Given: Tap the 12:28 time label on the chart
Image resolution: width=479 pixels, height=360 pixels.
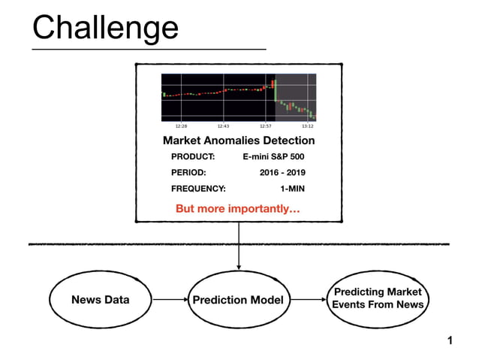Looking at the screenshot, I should tap(181, 126).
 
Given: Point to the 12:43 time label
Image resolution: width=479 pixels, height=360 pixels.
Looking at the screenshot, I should tap(224, 126).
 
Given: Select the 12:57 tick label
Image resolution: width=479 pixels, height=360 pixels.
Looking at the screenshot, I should tap(266, 126).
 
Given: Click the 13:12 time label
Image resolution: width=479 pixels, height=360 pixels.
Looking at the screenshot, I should tap(307, 126).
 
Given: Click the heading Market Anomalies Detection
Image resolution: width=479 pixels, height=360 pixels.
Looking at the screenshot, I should tap(239, 141).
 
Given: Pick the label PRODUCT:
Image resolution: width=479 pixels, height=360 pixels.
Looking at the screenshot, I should tap(193, 157).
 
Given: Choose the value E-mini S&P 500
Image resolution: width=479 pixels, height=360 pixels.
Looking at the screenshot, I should tap(274, 157).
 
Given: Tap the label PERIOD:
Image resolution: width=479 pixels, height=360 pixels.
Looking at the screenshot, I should tap(188, 173).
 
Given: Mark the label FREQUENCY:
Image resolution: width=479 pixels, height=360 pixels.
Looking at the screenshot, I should tap(198, 189).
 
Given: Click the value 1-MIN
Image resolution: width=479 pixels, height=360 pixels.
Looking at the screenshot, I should tap(292, 189).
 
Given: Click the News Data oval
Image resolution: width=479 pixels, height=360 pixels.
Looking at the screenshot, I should tap(100, 300).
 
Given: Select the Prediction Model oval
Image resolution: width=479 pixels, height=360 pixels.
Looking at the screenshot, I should tap(239, 301).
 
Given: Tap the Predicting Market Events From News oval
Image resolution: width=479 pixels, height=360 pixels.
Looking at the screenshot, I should tap(378, 298).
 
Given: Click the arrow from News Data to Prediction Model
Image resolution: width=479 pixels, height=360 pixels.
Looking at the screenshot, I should tap(170, 300).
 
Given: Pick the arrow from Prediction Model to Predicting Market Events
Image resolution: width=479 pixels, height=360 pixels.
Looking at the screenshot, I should tap(310, 300).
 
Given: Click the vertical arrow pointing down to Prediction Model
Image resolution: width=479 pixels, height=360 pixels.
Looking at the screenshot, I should tap(239, 248).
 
